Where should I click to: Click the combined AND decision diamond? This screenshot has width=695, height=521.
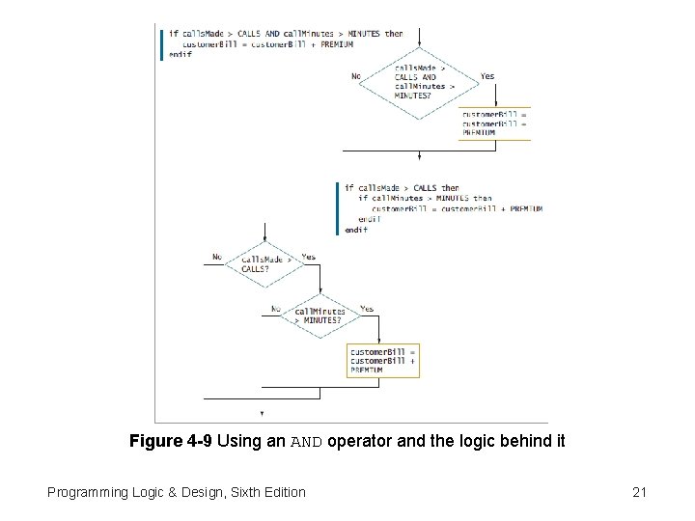click(x=419, y=83)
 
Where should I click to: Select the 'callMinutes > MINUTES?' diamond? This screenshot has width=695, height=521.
click(x=320, y=315)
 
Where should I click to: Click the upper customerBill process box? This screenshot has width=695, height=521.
click(x=494, y=124)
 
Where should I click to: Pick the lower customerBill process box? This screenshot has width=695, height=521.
click(x=383, y=361)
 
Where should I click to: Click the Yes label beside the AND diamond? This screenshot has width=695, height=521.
click(x=486, y=76)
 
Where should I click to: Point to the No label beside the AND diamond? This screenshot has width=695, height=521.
click(x=356, y=76)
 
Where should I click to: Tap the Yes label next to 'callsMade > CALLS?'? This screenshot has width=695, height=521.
click(x=309, y=258)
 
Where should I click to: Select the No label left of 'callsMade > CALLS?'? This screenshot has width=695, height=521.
click(x=217, y=258)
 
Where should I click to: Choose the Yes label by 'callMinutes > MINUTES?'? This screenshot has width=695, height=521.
click(x=367, y=309)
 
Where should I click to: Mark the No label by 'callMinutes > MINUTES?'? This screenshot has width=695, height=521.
click(x=276, y=309)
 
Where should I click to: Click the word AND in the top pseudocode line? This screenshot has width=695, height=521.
click(x=272, y=34)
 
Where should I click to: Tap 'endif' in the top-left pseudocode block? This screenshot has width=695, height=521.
click(x=181, y=55)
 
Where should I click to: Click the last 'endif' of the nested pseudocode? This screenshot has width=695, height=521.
click(x=357, y=230)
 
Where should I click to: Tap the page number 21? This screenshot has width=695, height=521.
click(x=639, y=492)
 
